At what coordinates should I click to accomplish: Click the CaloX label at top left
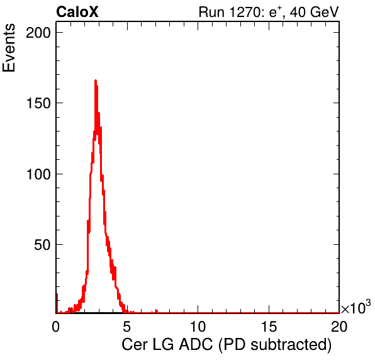(x=77, y=12)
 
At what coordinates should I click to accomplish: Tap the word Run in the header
(x=211, y=12)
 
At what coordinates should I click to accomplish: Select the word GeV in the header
(x=325, y=12)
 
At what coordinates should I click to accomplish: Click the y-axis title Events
(x=9, y=48)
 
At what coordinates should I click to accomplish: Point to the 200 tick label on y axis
(x=38, y=33)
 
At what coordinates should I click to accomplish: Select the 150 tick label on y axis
(x=38, y=103)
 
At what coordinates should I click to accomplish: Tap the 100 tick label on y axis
(x=38, y=174)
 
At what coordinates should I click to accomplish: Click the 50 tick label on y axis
(x=42, y=245)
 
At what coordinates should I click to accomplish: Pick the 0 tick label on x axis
(x=56, y=326)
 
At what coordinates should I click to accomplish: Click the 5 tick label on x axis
(x=126, y=326)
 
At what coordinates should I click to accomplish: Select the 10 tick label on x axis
(x=198, y=326)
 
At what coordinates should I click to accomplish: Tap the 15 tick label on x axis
(x=269, y=326)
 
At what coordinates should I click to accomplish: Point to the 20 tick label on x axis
(x=339, y=326)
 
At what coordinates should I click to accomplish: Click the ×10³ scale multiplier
(x=356, y=307)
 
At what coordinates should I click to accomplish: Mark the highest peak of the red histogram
(x=96, y=81)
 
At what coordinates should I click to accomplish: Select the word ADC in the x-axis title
(x=196, y=345)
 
